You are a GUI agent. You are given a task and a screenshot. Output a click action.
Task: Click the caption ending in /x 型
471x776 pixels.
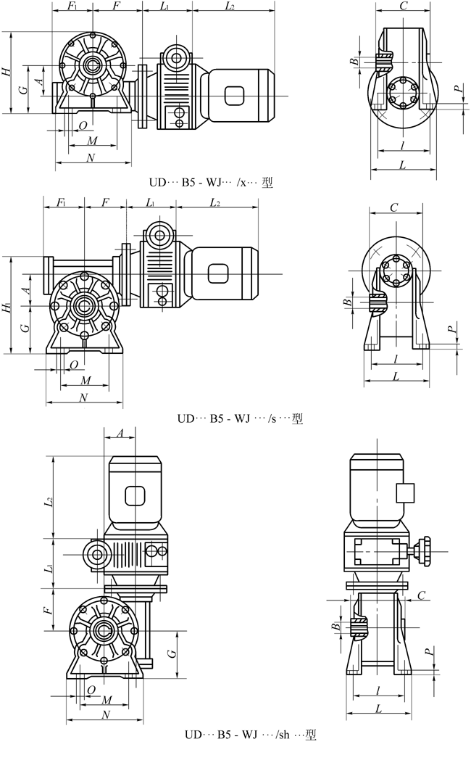click(x=208, y=183)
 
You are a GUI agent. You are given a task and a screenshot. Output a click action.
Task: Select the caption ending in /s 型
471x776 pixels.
click(x=240, y=418)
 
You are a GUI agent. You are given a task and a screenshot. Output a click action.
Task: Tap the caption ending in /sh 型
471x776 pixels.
click(x=250, y=735)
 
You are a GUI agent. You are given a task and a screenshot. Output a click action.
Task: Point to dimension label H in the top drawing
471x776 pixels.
click(x=7, y=72)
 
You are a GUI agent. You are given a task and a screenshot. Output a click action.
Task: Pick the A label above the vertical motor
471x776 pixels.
click(x=120, y=433)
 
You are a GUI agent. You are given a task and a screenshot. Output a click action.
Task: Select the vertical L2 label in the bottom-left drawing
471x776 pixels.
click(x=49, y=501)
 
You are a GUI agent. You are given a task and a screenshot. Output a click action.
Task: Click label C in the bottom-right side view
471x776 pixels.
click(x=422, y=595)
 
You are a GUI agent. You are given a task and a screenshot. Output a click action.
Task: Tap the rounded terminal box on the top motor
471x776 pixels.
click(x=236, y=96)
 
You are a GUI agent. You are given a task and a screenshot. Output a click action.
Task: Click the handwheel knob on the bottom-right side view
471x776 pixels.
click(x=426, y=546)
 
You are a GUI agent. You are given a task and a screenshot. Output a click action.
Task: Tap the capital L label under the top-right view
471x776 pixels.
click(x=403, y=165)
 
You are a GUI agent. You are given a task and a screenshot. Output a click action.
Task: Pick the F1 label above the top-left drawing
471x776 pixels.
click(x=71, y=6)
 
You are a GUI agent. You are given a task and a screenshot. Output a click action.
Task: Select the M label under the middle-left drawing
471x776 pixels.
click(x=86, y=380)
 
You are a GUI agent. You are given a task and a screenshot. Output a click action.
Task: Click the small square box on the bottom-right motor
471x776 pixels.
click(x=405, y=493)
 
